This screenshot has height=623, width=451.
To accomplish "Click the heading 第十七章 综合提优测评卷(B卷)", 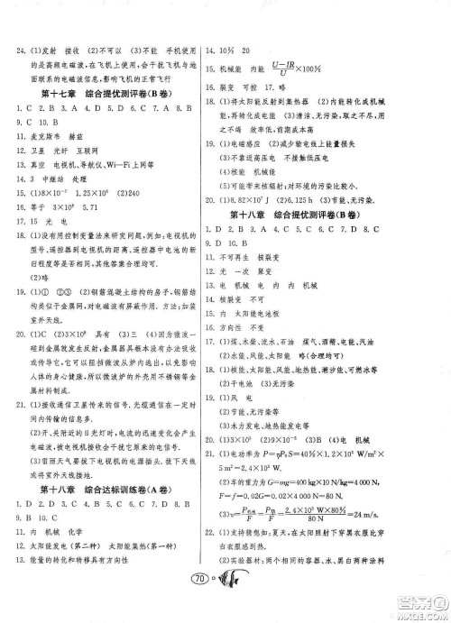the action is pyautogui.click(x=106, y=93).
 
